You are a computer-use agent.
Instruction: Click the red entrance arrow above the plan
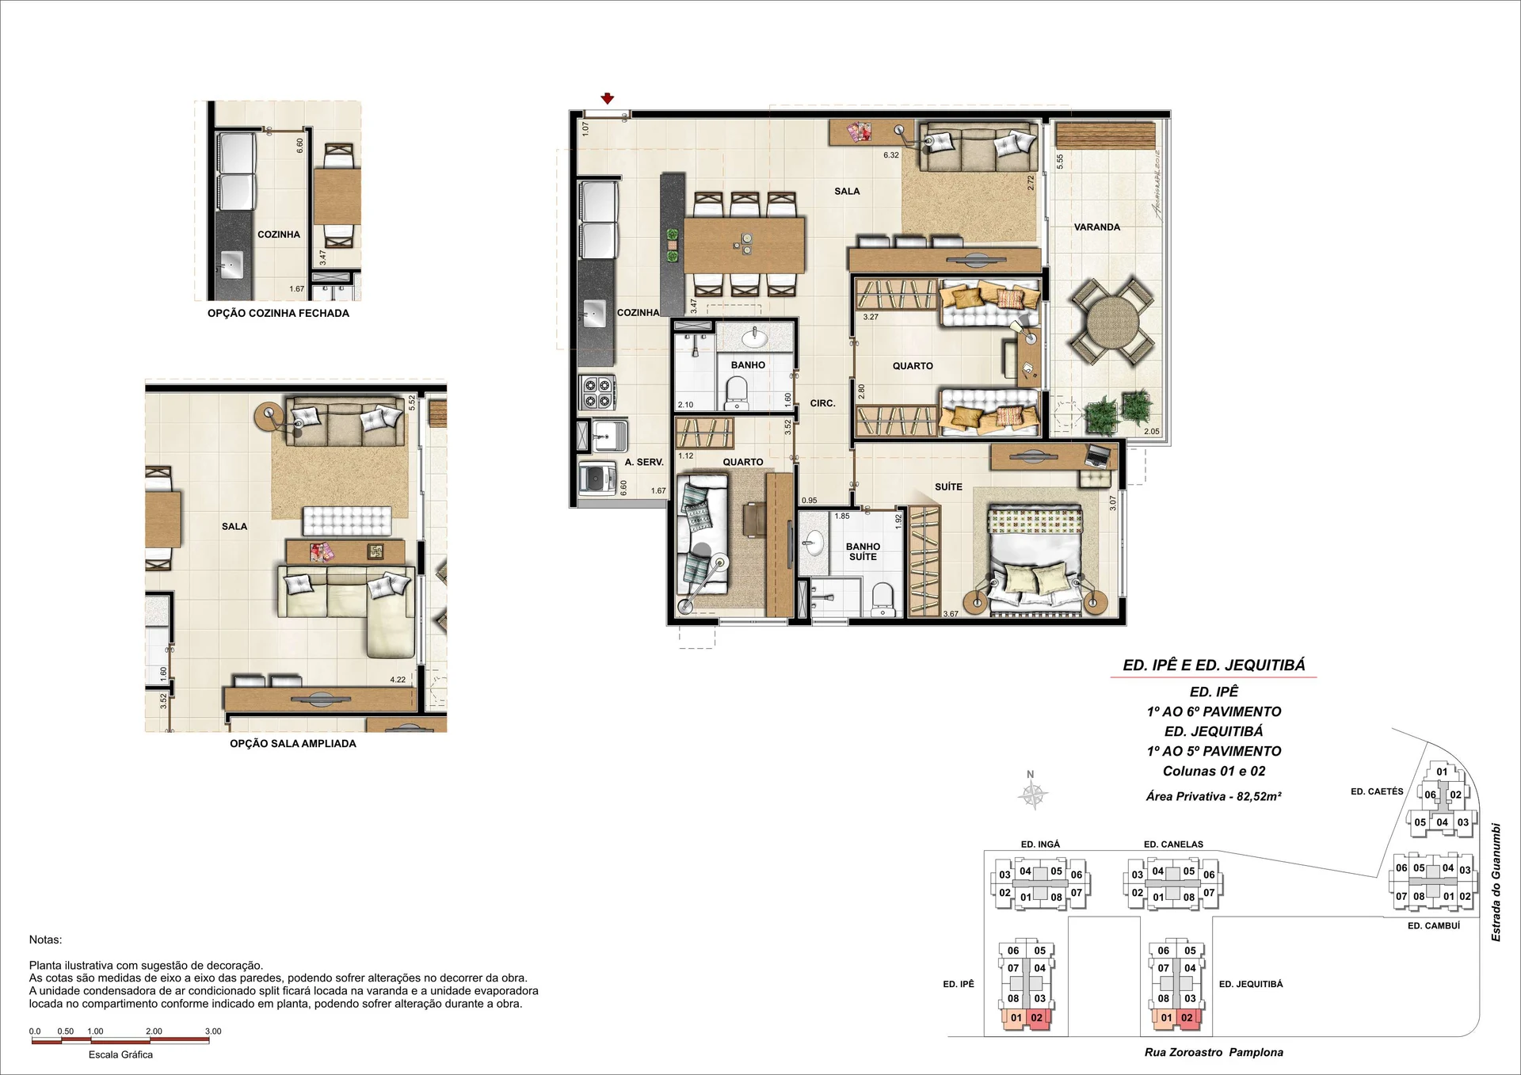pyautogui.click(x=608, y=99)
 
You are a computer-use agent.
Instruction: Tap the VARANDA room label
pyautogui.click(x=1097, y=227)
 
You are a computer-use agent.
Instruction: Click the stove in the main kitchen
pyautogui.click(x=598, y=392)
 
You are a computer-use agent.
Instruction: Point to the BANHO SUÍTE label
pyautogui.click(x=863, y=552)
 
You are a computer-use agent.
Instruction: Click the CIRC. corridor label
pyautogui.click(x=823, y=404)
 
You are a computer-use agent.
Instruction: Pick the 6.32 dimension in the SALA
pyautogui.click(x=891, y=155)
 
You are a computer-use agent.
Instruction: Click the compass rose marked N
pyautogui.click(x=1033, y=793)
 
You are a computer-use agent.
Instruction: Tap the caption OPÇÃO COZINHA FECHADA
pyautogui.click(x=278, y=314)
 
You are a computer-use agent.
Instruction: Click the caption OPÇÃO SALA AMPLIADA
pyautogui.click(x=293, y=744)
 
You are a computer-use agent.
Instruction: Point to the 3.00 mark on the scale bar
pyautogui.click(x=213, y=1031)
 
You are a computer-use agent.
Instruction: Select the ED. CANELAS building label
pyautogui.click(x=1173, y=844)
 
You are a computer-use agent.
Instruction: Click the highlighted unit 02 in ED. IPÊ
pyautogui.click(x=1037, y=1018)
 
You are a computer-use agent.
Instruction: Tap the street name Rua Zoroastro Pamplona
pyautogui.click(x=1214, y=1053)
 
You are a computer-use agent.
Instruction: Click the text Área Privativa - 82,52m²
pyautogui.click(x=1214, y=797)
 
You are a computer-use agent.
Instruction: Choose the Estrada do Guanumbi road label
pyautogui.click(x=1496, y=882)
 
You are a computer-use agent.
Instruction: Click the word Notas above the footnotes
pyautogui.click(x=45, y=940)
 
